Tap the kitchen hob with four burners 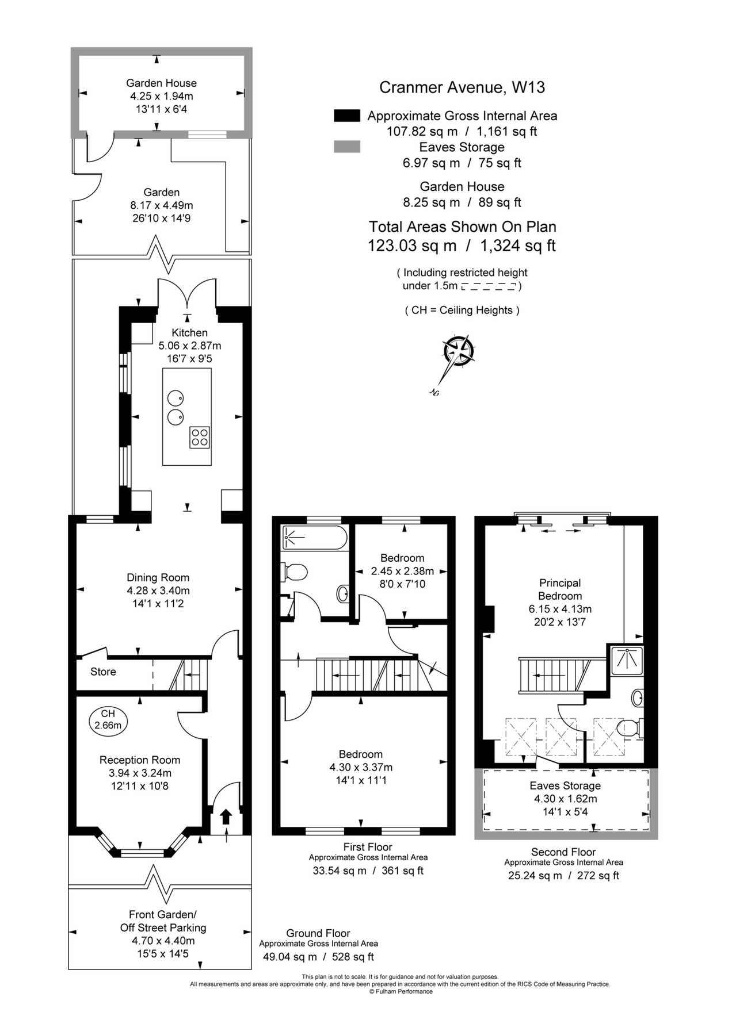[200, 438]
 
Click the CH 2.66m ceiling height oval [108, 719]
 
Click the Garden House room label [161, 83]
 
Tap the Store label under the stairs [103, 672]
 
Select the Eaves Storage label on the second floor [565, 785]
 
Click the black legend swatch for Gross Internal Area [347, 116]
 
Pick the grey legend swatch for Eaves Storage [347, 147]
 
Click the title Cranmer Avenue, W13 [462, 87]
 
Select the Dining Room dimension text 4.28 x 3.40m [158, 591]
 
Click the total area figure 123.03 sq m [412, 246]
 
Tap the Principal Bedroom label [560, 589]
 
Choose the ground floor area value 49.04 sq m [290, 957]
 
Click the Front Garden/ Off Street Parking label [163, 921]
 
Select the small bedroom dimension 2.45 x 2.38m [402, 571]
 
